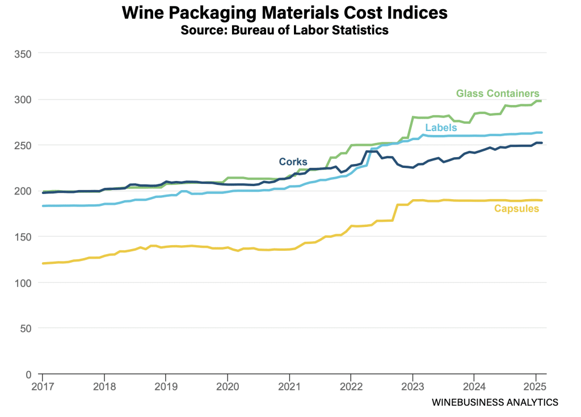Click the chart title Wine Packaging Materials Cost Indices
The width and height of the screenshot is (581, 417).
pyautogui.click(x=284, y=13)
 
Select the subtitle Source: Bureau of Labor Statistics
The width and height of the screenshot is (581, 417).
pyautogui.click(x=284, y=30)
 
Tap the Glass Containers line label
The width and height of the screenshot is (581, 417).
pyautogui.click(x=498, y=94)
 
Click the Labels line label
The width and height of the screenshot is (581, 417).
pyautogui.click(x=441, y=128)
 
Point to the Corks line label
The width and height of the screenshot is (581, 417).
pyautogui.click(x=293, y=162)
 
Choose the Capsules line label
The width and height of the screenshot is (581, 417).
pyautogui.click(x=516, y=209)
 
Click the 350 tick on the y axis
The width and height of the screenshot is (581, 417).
pyautogui.click(x=22, y=53)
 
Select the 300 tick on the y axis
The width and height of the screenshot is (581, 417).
pyautogui.click(x=22, y=99)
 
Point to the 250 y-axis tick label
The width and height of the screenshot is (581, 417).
pyautogui.click(x=22, y=145)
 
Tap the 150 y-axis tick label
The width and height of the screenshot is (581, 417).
pyautogui.click(x=22, y=237)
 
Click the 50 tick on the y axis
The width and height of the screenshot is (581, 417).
pyautogui.click(x=25, y=328)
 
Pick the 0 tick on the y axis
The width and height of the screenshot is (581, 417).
pyautogui.click(x=28, y=374)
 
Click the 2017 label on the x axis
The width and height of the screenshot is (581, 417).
pyautogui.click(x=42, y=387)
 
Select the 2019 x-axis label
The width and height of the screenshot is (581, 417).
pyautogui.click(x=165, y=387)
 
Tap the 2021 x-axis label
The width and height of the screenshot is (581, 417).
pyautogui.click(x=289, y=387)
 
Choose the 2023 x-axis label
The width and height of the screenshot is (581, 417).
pyautogui.click(x=412, y=387)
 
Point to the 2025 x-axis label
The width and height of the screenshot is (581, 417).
pyautogui.click(x=536, y=387)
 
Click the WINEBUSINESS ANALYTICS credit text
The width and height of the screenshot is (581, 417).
pyautogui.click(x=495, y=402)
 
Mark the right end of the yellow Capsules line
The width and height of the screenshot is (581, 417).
pyautogui.click(x=542, y=200)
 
